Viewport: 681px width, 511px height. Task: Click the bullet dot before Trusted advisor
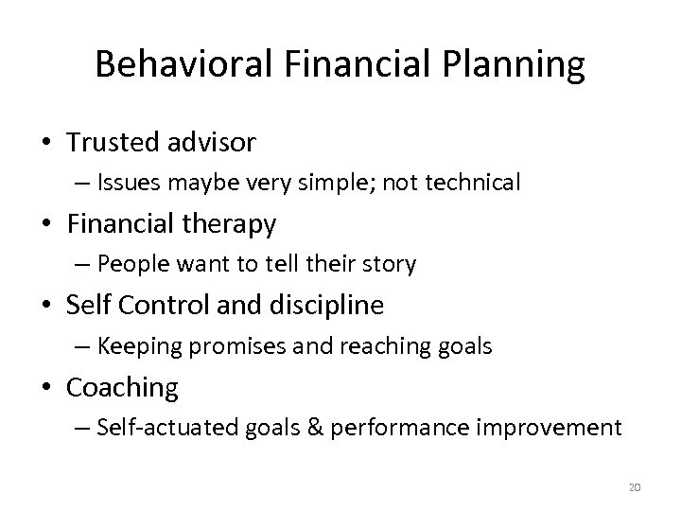pyautogui.click(x=47, y=143)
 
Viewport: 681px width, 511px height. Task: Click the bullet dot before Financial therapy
pyautogui.click(x=47, y=225)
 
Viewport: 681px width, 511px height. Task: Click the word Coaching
pyautogui.click(x=123, y=387)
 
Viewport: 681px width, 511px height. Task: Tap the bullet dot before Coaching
pyautogui.click(x=47, y=388)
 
